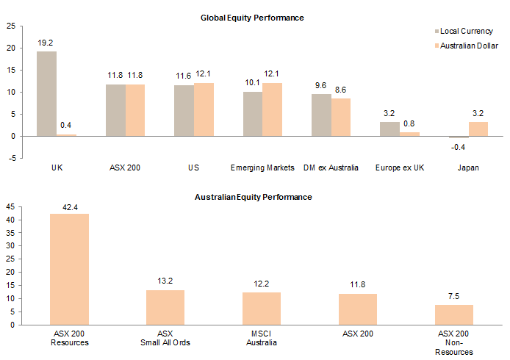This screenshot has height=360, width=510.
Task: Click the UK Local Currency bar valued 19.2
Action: click(x=47, y=93)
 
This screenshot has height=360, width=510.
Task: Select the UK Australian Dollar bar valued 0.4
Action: click(x=67, y=134)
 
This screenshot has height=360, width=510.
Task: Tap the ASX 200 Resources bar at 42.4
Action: click(x=68, y=269)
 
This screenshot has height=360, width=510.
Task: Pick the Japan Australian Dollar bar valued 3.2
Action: click(x=478, y=129)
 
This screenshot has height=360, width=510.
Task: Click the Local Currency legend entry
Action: click(x=464, y=32)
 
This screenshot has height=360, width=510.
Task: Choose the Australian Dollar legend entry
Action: click(x=467, y=46)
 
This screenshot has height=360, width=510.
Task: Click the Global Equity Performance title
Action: click(x=252, y=17)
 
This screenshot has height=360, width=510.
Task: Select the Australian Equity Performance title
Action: click(x=253, y=197)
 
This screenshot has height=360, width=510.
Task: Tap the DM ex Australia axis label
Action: click(x=331, y=168)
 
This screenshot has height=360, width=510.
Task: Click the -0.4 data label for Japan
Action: click(x=458, y=147)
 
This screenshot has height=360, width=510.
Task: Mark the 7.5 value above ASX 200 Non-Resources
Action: click(x=454, y=297)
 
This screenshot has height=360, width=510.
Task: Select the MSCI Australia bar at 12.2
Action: click(x=262, y=309)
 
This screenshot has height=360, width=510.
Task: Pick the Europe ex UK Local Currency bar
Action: click(x=389, y=129)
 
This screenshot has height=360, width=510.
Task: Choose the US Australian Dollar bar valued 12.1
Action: click(x=204, y=109)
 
